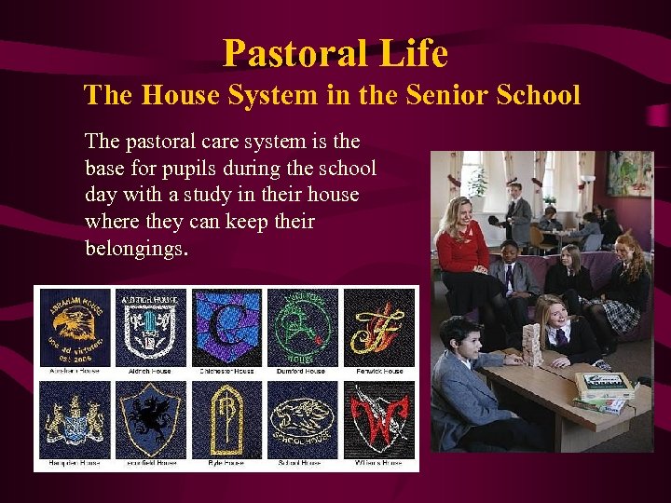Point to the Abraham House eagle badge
click(75, 327)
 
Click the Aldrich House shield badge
click(151, 327)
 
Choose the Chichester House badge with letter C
click(226, 327)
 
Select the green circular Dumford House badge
click(303, 327)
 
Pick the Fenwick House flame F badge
click(379, 327)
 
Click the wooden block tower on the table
click(530, 341)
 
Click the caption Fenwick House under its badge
click(379, 372)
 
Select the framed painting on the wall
click(628, 173)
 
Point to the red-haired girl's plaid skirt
click(619, 316)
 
